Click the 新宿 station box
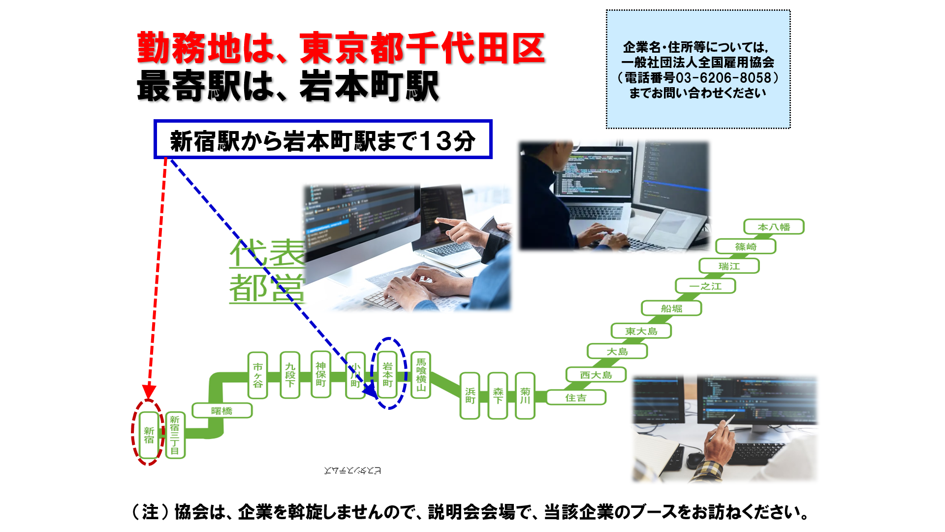(149, 435)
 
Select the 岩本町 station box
(388, 375)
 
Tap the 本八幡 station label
(774, 227)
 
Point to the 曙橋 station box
(222, 411)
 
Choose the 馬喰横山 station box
(421, 375)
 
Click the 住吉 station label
(576, 398)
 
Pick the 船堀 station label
(671, 308)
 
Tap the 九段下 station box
(290, 375)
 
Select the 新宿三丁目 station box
(175, 435)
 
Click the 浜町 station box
(470, 396)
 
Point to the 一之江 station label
(705, 286)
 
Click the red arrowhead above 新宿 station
(149, 392)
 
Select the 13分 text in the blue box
(448, 141)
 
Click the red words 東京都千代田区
(422, 48)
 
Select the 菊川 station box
(525, 396)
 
